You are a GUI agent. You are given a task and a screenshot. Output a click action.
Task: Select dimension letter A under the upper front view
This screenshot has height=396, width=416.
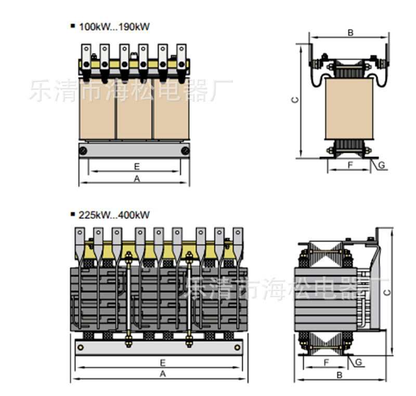pyautogui.click(x=137, y=179)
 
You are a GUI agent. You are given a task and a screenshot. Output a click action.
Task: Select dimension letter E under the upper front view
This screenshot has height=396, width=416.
pyautogui.click(x=137, y=166)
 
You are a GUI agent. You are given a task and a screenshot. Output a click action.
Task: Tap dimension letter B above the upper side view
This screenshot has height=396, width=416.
pyautogui.click(x=350, y=33)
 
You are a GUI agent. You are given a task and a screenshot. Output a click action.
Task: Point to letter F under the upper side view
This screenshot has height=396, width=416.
pyautogui.click(x=350, y=165)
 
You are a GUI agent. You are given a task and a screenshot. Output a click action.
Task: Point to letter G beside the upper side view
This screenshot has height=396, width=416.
pyautogui.click(x=381, y=165)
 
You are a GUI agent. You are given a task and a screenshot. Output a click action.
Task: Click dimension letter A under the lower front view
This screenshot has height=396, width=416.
pyautogui.click(x=162, y=374)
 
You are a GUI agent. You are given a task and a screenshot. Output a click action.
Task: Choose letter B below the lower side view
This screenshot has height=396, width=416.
pyautogui.click(x=339, y=374)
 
